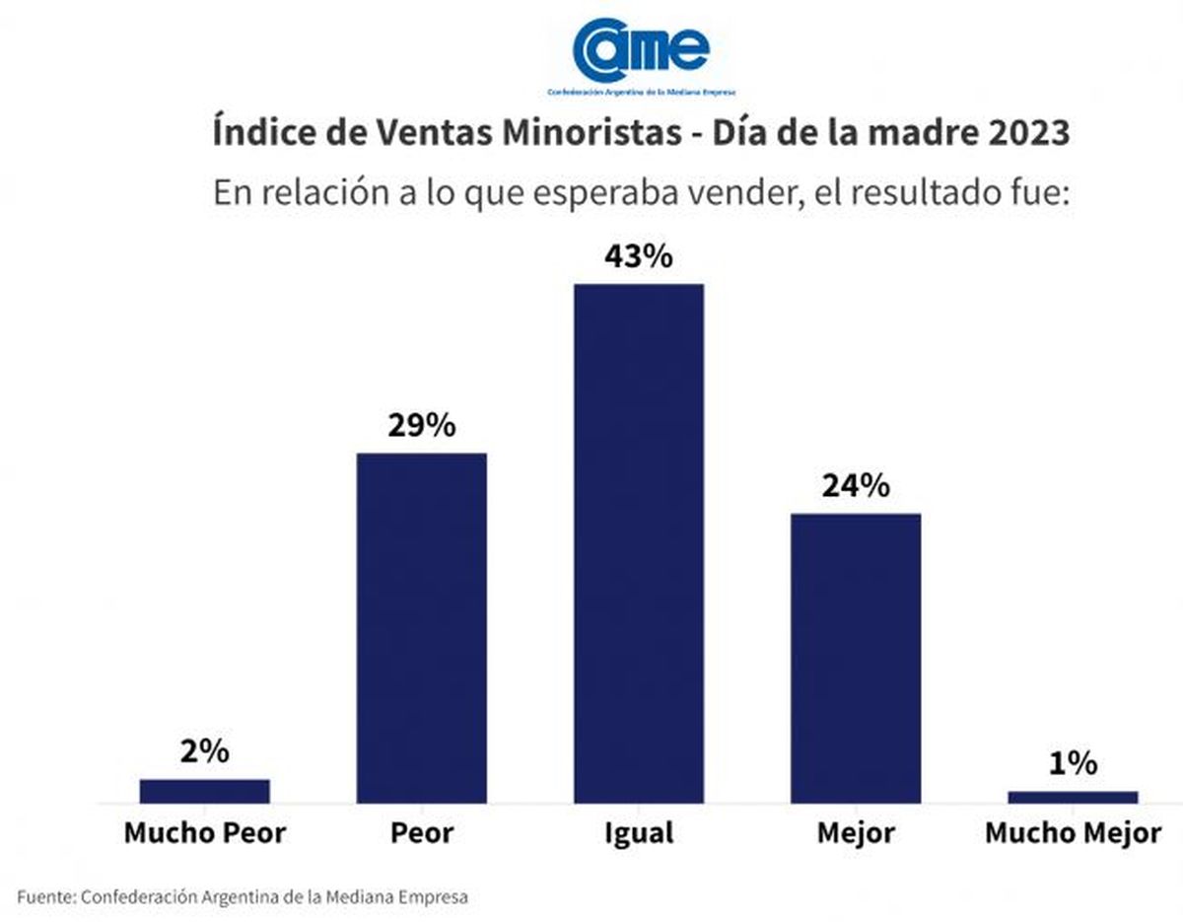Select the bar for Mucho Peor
[204, 791]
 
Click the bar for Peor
[421, 628]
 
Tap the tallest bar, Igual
[639, 543]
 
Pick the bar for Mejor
[856, 658]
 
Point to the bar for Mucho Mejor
[1073, 797]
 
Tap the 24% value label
[856, 486]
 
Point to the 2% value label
[205, 752]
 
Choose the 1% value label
[1073, 764]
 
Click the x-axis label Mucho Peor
[204, 833]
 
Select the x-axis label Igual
[639, 833]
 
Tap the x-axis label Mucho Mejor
[1073, 833]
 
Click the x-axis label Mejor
[856, 833]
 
